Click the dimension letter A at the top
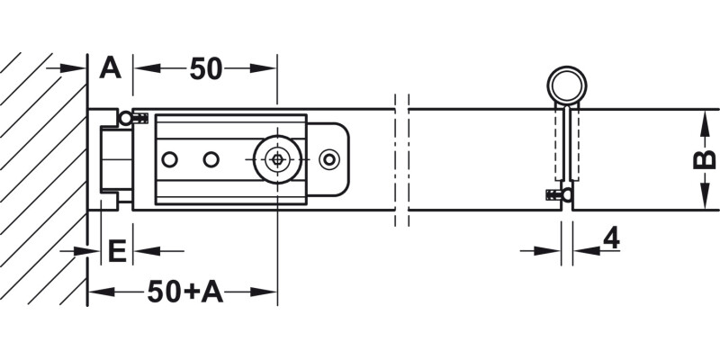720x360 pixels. click(x=110, y=68)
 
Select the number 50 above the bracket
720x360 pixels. click(x=206, y=69)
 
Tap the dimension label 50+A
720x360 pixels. click(x=185, y=292)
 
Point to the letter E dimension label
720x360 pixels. click(x=117, y=251)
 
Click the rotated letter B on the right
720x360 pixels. click(x=705, y=159)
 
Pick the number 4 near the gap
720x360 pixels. click(x=611, y=238)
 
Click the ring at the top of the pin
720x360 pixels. click(x=567, y=85)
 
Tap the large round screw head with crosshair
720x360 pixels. click(x=278, y=159)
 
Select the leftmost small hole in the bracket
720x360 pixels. click(x=169, y=160)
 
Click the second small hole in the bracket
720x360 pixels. click(x=211, y=160)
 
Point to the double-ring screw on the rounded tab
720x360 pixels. click(x=329, y=159)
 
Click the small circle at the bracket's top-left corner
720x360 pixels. click(x=125, y=119)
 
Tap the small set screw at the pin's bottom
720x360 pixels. click(x=559, y=195)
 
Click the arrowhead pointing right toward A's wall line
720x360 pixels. click(x=74, y=68)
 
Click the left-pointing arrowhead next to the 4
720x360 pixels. click(x=586, y=251)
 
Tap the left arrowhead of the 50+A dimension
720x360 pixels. click(x=101, y=292)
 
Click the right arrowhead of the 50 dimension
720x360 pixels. click(x=263, y=68)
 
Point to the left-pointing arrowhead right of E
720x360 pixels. click(x=147, y=251)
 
